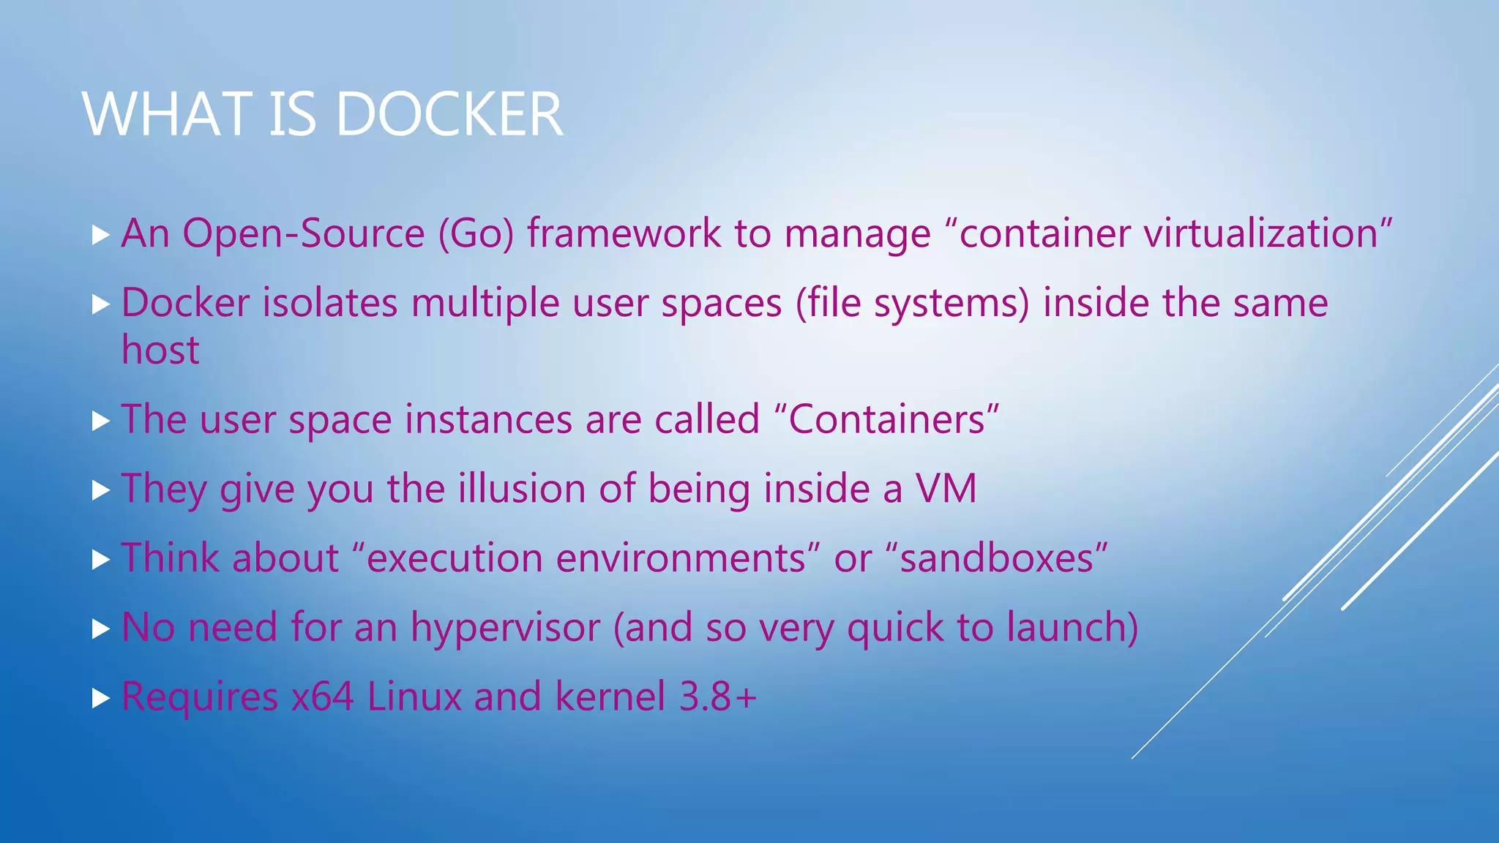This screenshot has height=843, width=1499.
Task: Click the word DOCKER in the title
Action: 449,114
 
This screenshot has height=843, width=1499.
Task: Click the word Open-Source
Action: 304,233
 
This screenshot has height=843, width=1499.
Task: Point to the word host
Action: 160,350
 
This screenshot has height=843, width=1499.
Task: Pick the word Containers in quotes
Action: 886,419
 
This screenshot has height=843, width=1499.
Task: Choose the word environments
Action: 681,558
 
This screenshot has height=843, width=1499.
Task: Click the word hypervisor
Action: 505,627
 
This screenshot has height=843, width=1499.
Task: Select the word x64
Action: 322,696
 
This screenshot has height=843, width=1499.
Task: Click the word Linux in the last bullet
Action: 414,696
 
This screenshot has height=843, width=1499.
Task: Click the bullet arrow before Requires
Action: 101,698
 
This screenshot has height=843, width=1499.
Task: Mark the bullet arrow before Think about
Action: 101,560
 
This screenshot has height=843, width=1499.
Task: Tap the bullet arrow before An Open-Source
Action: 101,236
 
